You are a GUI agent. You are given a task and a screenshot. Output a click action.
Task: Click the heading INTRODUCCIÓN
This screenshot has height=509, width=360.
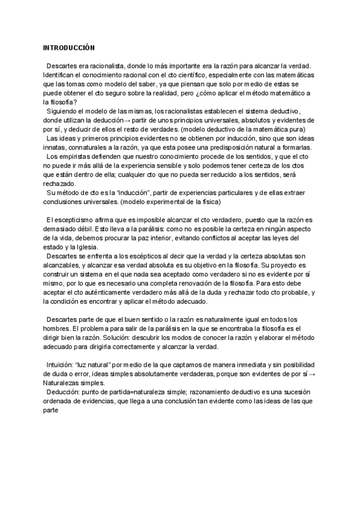click(70, 47)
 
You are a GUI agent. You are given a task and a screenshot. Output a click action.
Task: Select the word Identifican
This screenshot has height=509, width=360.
click(60, 74)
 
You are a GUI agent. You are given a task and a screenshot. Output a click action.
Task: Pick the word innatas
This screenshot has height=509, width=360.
click(54, 147)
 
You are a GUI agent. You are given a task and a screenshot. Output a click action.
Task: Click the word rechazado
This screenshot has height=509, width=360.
click(60, 184)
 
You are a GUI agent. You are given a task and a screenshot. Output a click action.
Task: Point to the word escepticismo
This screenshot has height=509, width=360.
click(73, 220)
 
